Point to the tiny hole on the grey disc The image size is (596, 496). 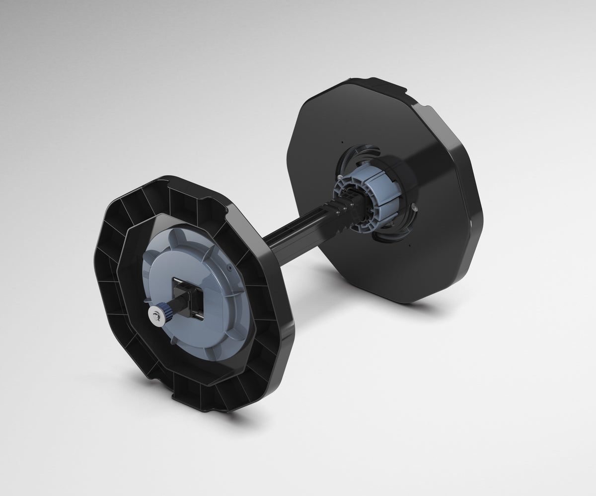tap(229, 267)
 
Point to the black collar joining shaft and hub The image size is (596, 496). tap(343, 211)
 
